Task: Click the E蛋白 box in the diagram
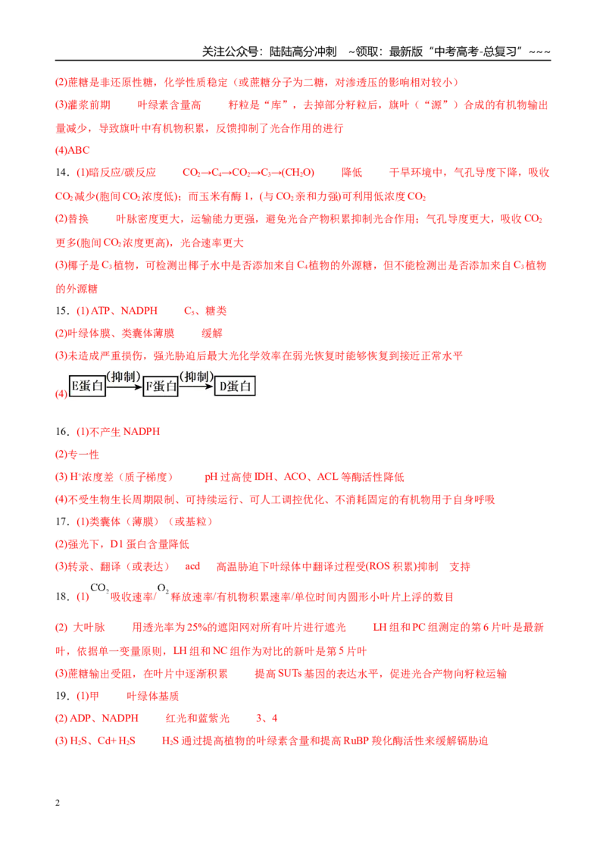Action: pyautogui.click(x=88, y=386)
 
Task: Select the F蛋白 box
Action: pyautogui.click(x=161, y=387)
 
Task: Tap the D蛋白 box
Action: pyautogui.click(x=235, y=387)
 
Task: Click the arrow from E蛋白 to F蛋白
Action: pyautogui.click(x=124, y=387)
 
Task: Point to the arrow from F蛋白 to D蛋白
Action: pyautogui.click(x=196, y=387)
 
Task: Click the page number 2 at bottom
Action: pyautogui.click(x=58, y=803)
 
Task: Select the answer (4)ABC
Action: pyautogui.click(x=72, y=150)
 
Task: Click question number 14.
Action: pyautogui.click(x=62, y=172)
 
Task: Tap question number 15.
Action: pyautogui.click(x=62, y=311)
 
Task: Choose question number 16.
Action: pyautogui.click(x=62, y=432)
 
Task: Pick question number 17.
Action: pyautogui.click(x=62, y=521)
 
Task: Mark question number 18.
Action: pyautogui.click(x=62, y=597)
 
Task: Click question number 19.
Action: pyautogui.click(x=62, y=696)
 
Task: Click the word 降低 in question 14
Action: pyautogui.click(x=351, y=172)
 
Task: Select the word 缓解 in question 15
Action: pyautogui.click(x=211, y=333)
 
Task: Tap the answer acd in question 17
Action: pyautogui.click(x=192, y=566)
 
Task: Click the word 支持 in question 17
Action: pyautogui.click(x=460, y=566)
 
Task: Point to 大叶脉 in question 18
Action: pyautogui.click(x=89, y=627)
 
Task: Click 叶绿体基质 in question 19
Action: pyautogui.click(x=152, y=696)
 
